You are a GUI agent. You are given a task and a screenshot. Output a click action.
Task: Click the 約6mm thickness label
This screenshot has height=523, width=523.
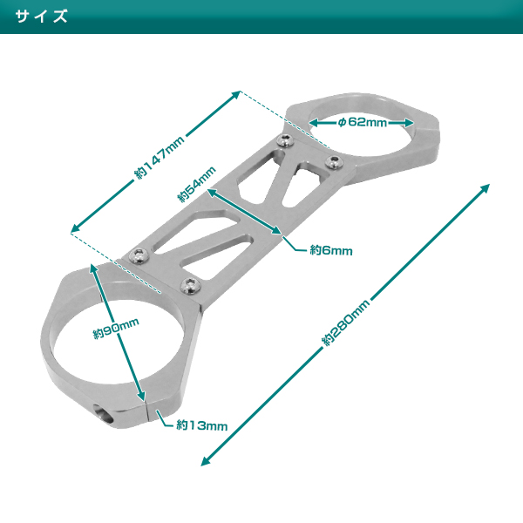[331, 250]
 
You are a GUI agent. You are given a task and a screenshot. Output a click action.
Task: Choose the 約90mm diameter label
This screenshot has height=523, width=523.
[116, 332]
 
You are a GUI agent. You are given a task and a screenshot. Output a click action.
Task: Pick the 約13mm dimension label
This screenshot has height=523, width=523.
[201, 425]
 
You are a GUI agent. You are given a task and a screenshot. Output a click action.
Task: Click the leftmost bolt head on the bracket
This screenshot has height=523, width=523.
[139, 254]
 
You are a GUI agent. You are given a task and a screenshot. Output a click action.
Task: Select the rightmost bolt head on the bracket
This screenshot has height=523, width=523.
[331, 160]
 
